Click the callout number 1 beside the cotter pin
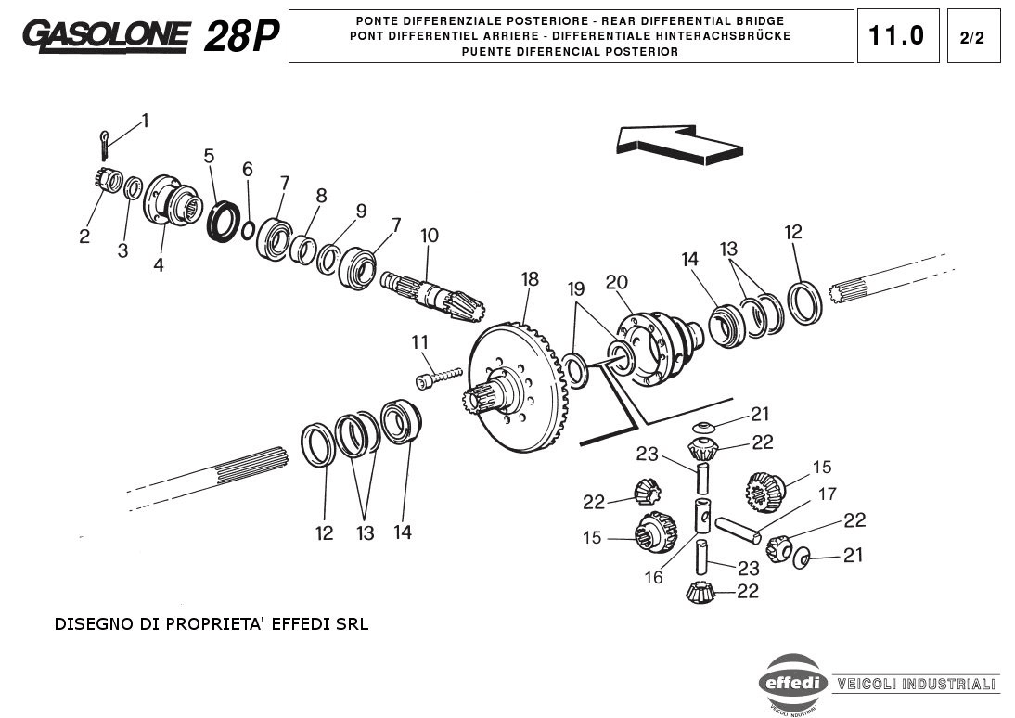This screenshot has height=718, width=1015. click(145, 121)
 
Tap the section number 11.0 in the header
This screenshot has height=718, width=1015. click(896, 36)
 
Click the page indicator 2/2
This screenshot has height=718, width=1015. click(972, 38)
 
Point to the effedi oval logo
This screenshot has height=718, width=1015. click(794, 684)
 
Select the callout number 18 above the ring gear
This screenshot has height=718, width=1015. click(530, 279)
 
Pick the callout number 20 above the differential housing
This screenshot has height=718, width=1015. click(617, 282)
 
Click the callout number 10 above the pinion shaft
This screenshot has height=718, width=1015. click(429, 236)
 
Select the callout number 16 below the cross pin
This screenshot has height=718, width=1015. click(654, 577)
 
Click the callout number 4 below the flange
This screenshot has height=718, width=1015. click(159, 264)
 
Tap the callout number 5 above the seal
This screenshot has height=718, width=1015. click(209, 156)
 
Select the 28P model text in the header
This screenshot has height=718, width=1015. click(240, 36)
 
